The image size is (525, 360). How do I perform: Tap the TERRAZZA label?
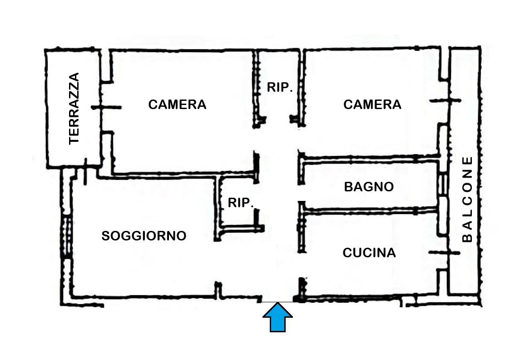pos(74,108)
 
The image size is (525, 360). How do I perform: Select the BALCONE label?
pos(467,199)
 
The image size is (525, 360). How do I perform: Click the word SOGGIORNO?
pos(144,235)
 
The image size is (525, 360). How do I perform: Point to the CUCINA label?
pos(369,252)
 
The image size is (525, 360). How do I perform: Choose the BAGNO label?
pos(369,187)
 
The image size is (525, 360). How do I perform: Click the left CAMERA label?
pos(177,105)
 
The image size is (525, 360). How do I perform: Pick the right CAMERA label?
pos(372,105)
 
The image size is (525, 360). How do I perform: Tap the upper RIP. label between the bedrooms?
pos(280,87)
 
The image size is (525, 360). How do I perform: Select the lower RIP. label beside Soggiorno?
pos(240,202)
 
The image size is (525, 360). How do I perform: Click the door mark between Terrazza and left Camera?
pos(106,107)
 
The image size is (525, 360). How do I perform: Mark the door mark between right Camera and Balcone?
pos(445,100)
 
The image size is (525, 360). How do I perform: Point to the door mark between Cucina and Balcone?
pos(444,252)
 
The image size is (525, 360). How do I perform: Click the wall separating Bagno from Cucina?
pos(370,211)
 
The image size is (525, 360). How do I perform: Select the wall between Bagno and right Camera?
pos(370,158)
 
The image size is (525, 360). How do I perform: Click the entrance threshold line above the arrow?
pos(278,302)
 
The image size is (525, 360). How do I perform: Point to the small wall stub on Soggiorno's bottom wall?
pos(218,290)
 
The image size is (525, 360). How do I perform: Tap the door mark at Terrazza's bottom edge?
pos(85,171)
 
